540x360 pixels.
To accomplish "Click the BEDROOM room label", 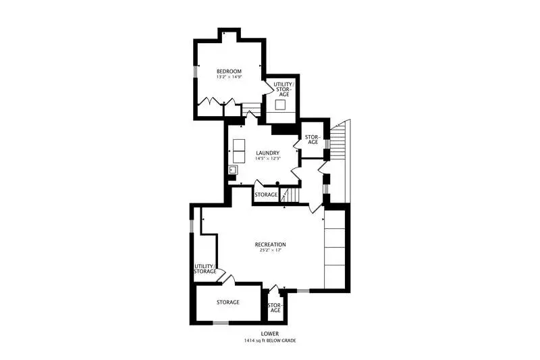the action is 229,72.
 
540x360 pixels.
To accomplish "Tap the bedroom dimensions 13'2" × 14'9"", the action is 229,77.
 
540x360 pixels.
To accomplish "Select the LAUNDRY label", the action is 267,153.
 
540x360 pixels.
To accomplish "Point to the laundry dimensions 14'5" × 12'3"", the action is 267,159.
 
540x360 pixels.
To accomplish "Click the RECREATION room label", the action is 271,245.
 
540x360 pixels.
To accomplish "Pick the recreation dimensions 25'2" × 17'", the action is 271,250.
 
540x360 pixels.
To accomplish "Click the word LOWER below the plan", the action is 270,334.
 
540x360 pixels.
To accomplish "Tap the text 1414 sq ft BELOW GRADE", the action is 270,340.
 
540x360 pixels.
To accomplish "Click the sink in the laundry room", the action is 233,170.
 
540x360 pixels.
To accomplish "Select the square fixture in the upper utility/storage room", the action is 280,105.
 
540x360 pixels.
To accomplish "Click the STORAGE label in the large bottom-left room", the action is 228,302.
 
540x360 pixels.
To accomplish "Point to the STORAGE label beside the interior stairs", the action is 266,195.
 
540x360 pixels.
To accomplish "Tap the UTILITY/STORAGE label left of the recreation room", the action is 205,269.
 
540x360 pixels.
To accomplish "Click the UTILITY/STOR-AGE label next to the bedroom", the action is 283,89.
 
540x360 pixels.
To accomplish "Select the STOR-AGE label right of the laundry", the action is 313,140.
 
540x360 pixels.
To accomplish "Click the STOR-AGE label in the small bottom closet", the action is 275,307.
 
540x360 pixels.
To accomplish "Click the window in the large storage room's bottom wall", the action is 221,323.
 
